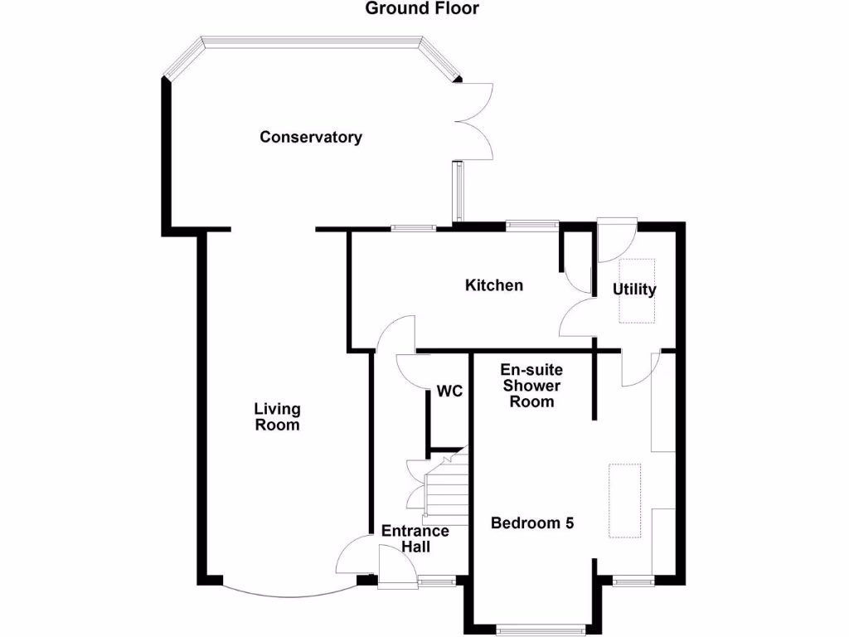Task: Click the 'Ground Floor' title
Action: pos(423,9)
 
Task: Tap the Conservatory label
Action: pos(311,137)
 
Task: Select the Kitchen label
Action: pos(494,285)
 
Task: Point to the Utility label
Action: pos(634,289)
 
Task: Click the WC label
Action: pos(449,391)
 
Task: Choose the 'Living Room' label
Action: pos(277,416)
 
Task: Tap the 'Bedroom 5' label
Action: pos(532,523)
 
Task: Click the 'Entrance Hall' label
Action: pos(415,539)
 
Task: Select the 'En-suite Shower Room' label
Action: pos(531,386)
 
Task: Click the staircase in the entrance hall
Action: pos(446,489)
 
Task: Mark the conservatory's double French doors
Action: pos(475,121)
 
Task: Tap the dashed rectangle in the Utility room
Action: pos(638,291)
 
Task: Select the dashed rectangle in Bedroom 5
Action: pos(625,500)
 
